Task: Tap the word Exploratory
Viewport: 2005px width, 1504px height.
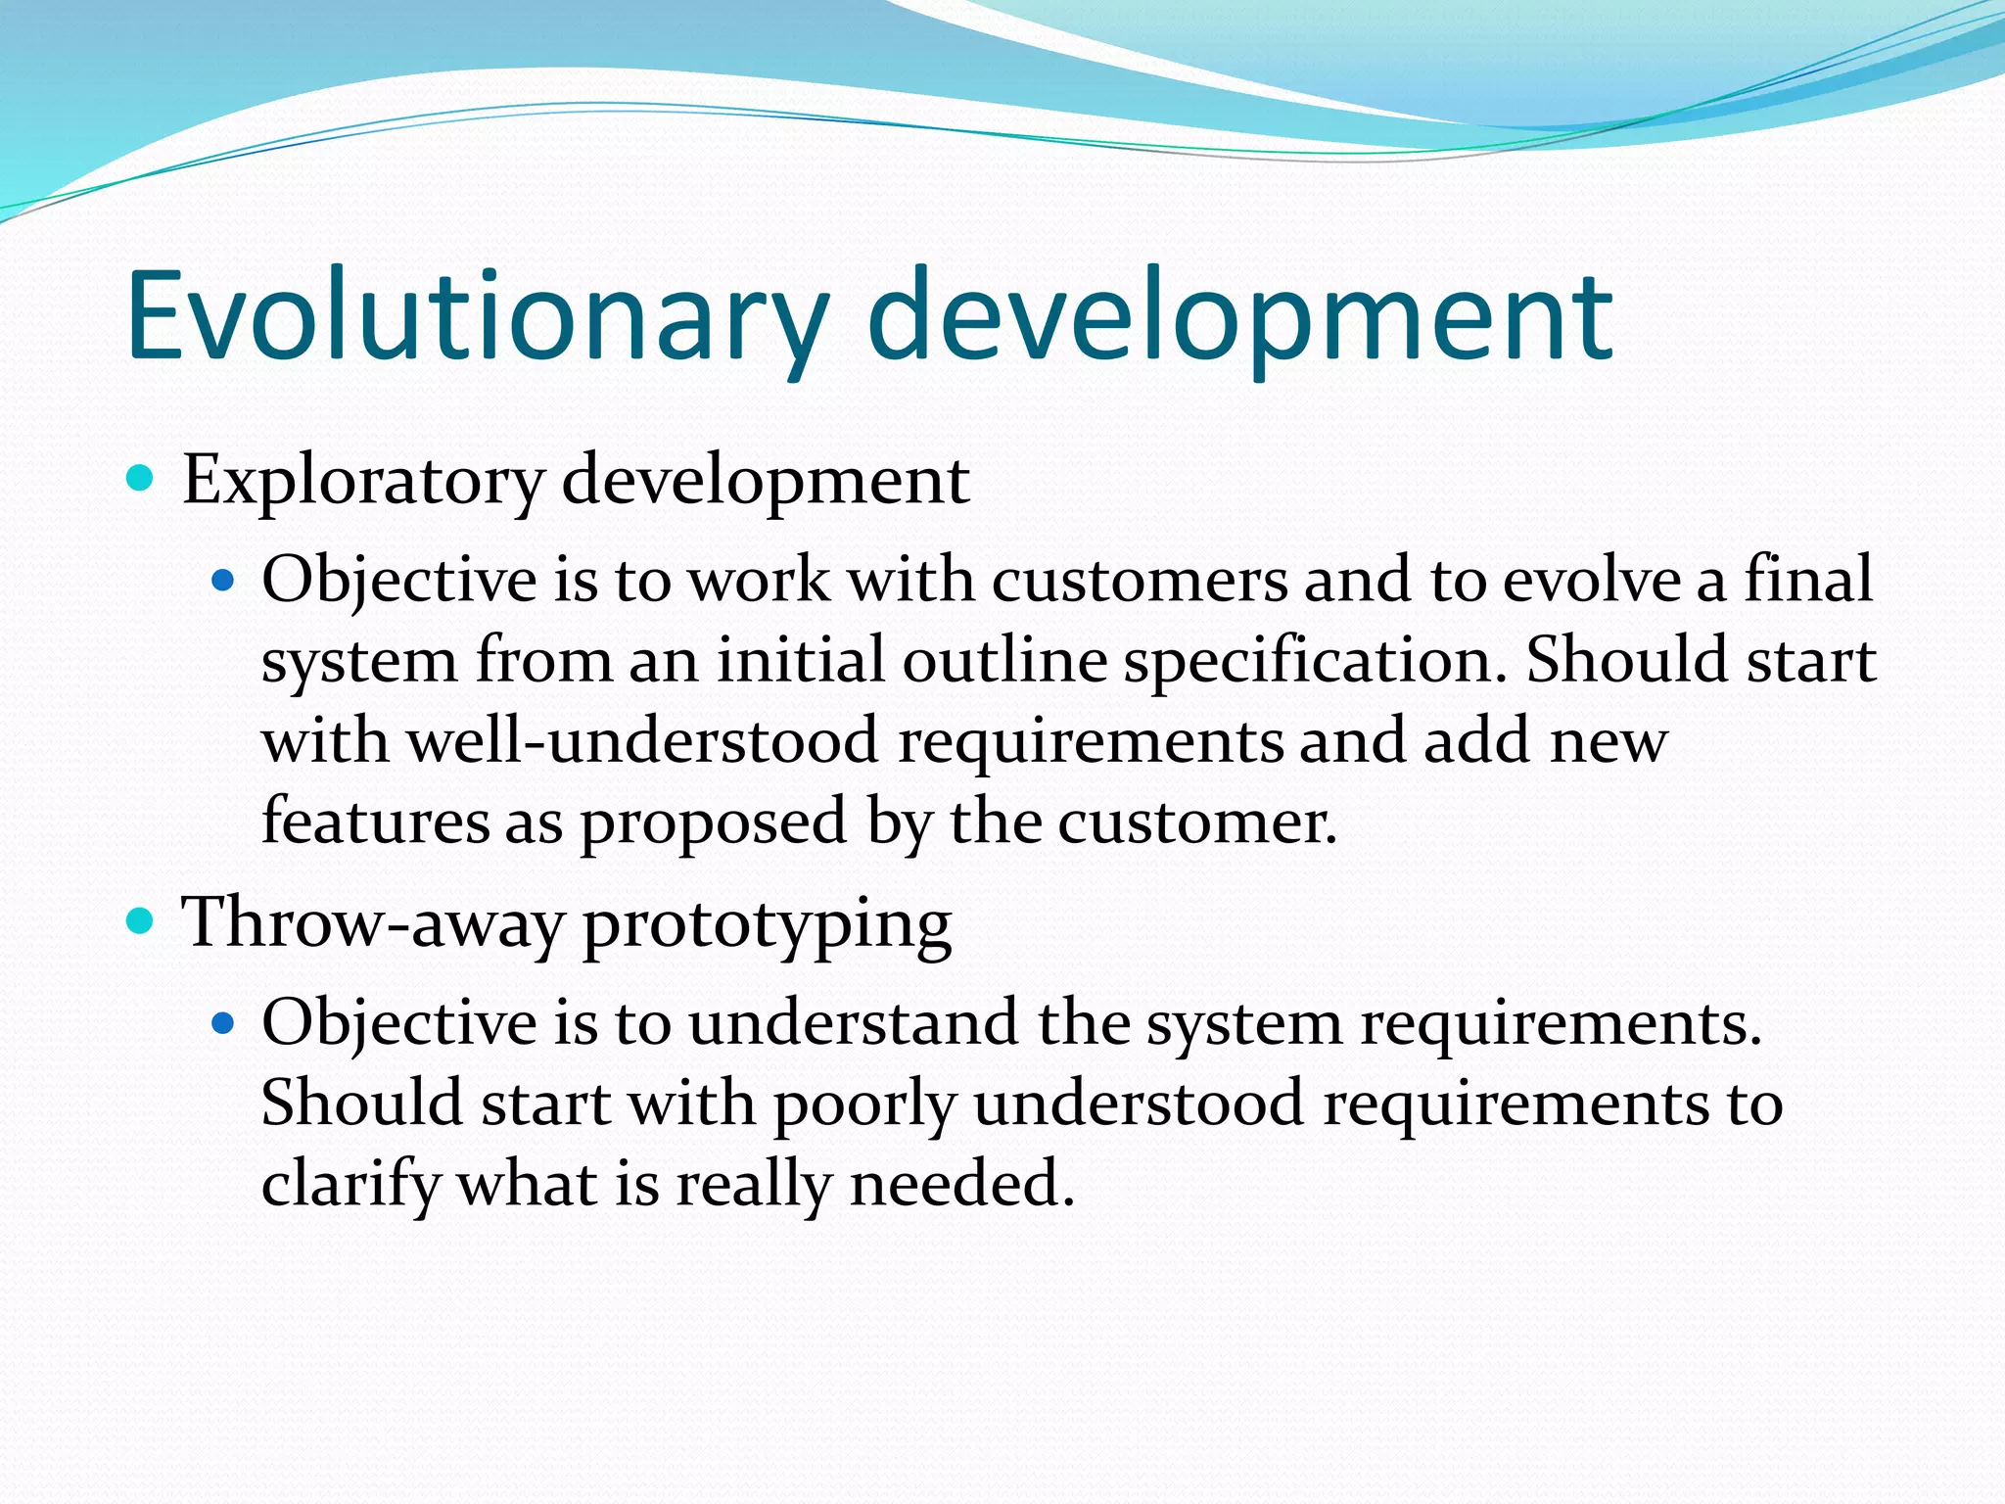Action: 363,482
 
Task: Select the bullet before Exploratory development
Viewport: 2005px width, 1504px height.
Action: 141,479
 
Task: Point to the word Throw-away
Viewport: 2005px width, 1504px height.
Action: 373,922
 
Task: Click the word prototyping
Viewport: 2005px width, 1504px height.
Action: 767,925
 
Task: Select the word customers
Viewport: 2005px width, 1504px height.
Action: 1140,580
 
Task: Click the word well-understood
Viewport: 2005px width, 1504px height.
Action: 643,740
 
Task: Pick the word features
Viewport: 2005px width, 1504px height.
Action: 375,821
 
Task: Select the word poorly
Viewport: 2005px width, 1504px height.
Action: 864,1104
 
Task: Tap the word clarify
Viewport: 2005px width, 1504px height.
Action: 351,1185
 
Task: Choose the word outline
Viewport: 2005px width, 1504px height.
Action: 1004,661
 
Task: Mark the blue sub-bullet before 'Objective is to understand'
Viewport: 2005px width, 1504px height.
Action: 224,1024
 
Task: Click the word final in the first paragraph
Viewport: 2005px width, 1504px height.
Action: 1808,580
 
